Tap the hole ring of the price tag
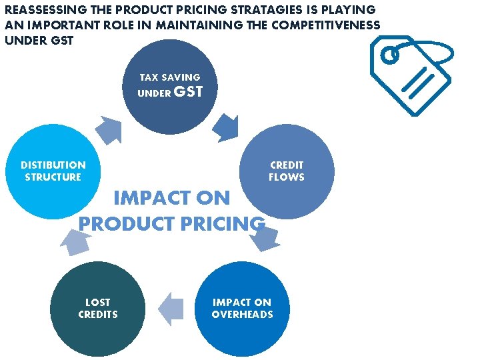(x=391, y=55)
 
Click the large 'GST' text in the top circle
(x=188, y=92)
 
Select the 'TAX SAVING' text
(x=170, y=77)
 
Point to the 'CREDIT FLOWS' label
(x=287, y=171)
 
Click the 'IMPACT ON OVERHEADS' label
(x=242, y=308)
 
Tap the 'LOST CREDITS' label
(x=98, y=308)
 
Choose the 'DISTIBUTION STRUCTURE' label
(x=53, y=171)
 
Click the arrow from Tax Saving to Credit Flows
(x=226, y=126)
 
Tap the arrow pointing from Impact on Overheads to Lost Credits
(x=172, y=309)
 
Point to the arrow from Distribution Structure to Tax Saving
(x=108, y=129)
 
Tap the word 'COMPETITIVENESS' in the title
(x=327, y=25)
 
